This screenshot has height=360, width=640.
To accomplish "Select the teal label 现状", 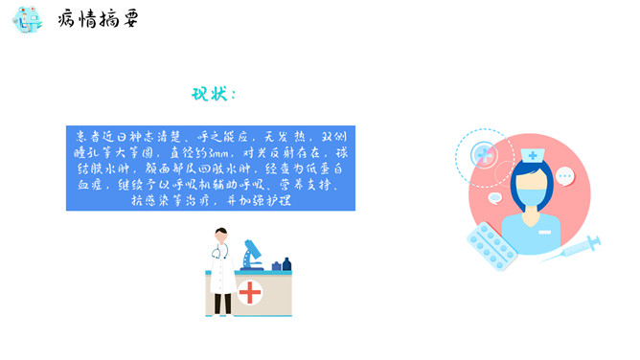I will [x=213, y=94].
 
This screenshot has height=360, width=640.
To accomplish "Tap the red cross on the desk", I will [x=250, y=291].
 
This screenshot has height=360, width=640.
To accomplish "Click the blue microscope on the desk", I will [x=253, y=253].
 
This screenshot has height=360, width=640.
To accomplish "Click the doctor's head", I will [x=221, y=234].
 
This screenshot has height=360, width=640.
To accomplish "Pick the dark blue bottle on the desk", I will [x=286, y=263].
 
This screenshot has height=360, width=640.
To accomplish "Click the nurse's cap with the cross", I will [x=532, y=154].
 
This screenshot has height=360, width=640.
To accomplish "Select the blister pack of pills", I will [x=491, y=245].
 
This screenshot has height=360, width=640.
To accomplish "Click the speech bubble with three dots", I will [x=565, y=176].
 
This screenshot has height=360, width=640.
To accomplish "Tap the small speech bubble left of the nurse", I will [x=494, y=198].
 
